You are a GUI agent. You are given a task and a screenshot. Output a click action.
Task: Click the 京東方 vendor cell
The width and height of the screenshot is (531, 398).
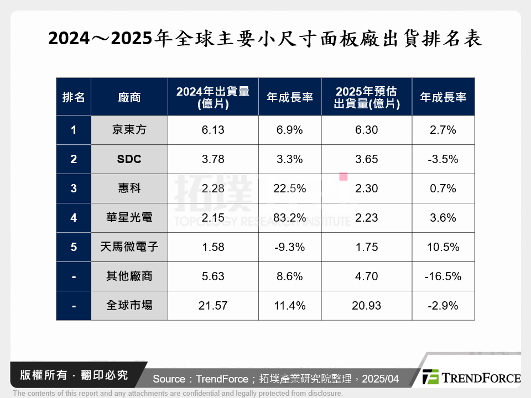(129, 130)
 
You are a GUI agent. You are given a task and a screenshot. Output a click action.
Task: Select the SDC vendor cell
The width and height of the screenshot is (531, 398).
(129, 159)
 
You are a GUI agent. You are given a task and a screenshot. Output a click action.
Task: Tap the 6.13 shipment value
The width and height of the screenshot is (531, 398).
(213, 130)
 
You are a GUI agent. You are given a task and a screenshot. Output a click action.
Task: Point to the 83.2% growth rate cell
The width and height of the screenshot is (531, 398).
(289, 218)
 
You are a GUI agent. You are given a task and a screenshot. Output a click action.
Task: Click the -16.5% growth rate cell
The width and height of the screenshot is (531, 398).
(442, 276)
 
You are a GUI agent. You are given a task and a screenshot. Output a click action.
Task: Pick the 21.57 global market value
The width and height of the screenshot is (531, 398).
(213, 306)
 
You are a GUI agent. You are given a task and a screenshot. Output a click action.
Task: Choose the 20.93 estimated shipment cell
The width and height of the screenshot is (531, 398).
(366, 306)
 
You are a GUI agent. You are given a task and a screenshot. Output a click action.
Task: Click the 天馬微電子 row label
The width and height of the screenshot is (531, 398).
(129, 247)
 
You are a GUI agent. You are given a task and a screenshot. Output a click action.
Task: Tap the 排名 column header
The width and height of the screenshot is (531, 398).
(74, 97)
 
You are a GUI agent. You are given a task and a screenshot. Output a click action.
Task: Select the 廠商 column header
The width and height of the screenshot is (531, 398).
(129, 97)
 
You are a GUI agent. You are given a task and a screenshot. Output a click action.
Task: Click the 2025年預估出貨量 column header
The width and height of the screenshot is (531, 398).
(366, 97)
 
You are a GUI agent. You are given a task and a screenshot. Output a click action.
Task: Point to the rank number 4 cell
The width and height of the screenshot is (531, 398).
(74, 218)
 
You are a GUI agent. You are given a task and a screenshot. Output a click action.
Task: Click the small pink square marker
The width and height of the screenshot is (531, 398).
(343, 177)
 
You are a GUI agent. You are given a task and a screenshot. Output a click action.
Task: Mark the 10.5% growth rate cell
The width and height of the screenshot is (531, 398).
(442, 247)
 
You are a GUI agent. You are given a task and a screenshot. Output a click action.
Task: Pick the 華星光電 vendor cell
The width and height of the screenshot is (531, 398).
(129, 218)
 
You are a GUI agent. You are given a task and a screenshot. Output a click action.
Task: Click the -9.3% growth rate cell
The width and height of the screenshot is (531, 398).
(289, 247)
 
